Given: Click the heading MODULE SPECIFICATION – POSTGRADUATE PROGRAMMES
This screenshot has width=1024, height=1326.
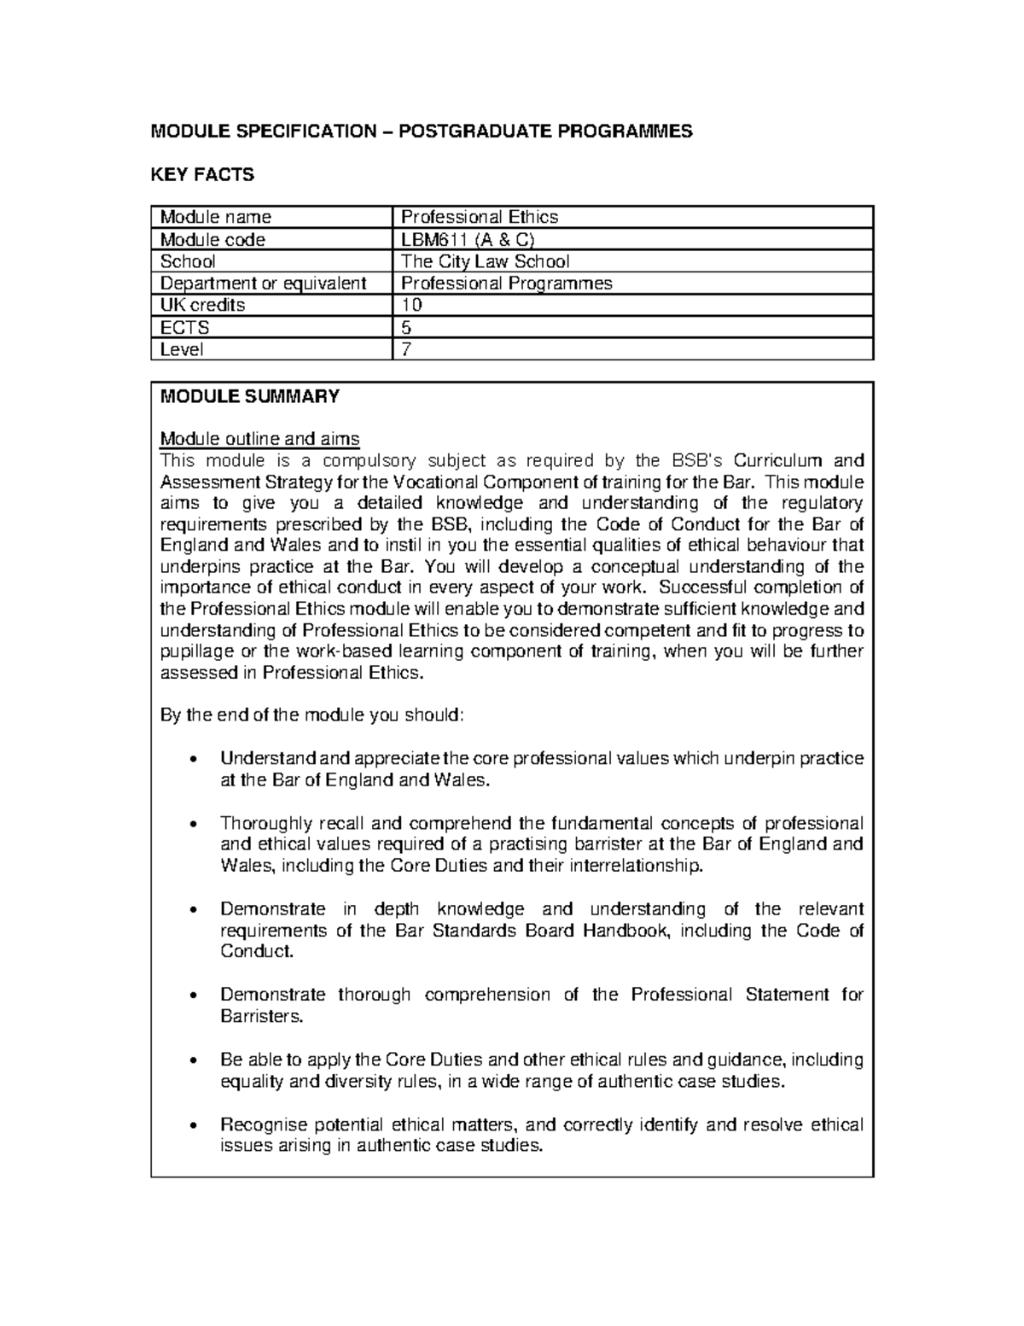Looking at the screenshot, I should [422, 131].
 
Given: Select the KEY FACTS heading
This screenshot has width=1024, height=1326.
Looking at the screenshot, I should [202, 175].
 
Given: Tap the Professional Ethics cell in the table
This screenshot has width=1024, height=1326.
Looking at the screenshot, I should [480, 218].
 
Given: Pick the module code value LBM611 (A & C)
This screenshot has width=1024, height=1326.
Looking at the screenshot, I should [468, 240].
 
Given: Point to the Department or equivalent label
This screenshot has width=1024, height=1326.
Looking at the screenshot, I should [263, 283].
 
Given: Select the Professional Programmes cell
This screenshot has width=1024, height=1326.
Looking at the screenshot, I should [507, 283].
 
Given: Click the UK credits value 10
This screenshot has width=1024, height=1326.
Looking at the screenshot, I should [412, 306].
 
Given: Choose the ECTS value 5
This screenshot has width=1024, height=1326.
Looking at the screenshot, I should [406, 328].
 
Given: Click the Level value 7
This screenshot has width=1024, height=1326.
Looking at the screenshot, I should [406, 349].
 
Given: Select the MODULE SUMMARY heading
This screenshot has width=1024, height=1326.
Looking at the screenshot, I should [250, 396].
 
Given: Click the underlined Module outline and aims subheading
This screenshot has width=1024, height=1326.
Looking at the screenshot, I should [260, 439].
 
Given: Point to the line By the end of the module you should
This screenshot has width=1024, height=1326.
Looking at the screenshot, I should [312, 716].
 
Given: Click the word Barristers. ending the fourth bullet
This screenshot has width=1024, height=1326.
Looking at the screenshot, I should [262, 1017].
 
